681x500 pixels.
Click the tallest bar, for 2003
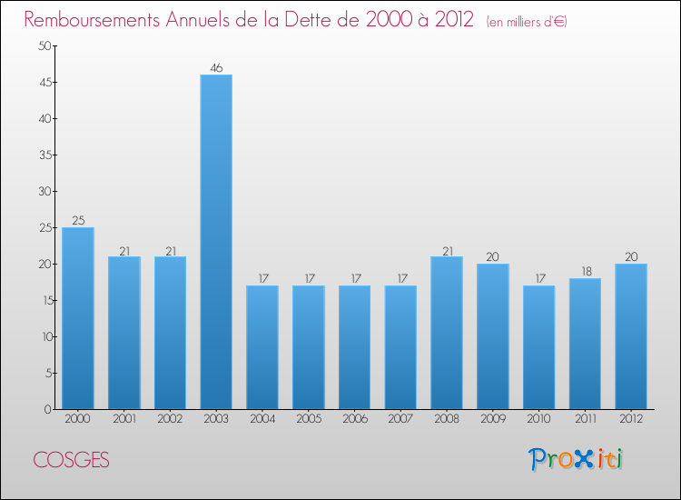click(216, 242)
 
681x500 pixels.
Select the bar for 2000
click(78, 318)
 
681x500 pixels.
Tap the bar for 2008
click(447, 333)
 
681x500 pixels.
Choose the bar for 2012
click(631, 336)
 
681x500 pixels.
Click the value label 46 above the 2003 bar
click(216, 67)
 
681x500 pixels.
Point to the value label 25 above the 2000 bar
click(78, 220)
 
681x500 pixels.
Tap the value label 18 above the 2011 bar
click(585, 271)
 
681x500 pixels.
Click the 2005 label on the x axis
click(309, 419)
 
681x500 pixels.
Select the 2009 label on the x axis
click(493, 419)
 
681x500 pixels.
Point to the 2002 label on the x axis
click(170, 419)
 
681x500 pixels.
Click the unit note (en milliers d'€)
click(527, 22)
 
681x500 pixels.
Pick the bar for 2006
click(354, 347)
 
